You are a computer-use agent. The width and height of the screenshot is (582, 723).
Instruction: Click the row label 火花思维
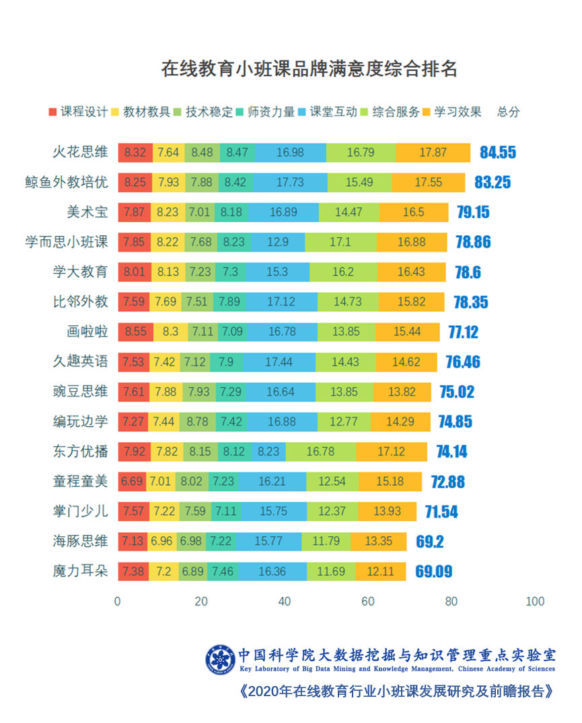point(80,152)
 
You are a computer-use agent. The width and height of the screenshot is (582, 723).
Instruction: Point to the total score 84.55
point(498,153)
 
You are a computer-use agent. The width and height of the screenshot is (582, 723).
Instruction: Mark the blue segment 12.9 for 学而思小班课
point(278,242)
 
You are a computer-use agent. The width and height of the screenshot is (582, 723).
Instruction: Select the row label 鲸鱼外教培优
point(66,182)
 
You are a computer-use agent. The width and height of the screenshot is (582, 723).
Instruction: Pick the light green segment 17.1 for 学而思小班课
point(340,242)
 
